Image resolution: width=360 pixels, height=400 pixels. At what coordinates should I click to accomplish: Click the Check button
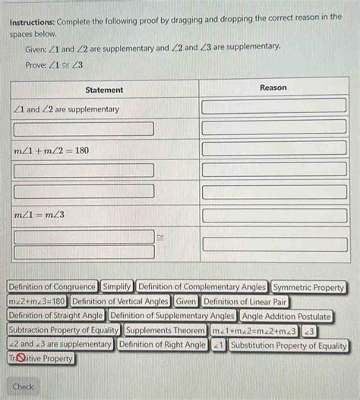coord(24,386)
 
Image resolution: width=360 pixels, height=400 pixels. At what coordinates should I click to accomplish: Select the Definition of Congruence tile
coord(52,287)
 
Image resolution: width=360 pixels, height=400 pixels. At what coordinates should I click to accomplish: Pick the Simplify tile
coord(117,287)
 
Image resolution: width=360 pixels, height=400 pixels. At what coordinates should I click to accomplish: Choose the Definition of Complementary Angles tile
coord(203,287)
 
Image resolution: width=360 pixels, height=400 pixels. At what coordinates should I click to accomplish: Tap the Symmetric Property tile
coord(308,287)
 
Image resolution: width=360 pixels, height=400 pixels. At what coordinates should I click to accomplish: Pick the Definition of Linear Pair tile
coord(245,301)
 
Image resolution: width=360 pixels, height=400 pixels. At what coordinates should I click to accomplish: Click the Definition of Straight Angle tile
coord(55,316)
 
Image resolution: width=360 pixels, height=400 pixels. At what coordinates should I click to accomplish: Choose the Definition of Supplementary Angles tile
coord(172,316)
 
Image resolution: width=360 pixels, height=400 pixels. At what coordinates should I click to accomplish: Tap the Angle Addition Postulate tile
coord(286,316)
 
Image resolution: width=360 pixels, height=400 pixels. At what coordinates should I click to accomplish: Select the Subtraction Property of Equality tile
coord(63,330)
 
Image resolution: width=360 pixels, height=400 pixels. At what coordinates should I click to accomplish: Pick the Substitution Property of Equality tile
coord(289,345)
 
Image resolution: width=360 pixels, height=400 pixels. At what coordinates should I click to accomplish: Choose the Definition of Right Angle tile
coord(163,345)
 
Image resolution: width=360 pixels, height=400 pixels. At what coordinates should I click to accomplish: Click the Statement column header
coord(105,90)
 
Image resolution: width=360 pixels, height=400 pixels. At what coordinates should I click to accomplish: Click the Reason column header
coord(273,88)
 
